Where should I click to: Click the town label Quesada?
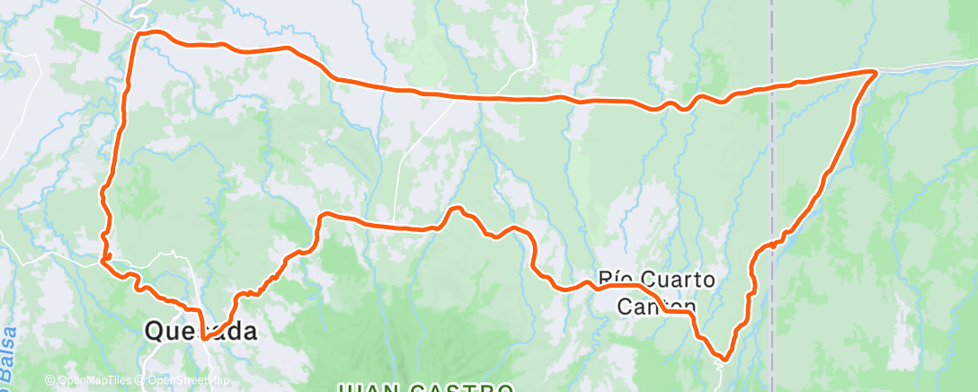point(200,331)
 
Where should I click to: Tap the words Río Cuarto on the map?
point(657,281)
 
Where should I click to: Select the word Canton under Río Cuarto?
point(657,306)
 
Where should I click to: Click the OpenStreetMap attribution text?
point(180,380)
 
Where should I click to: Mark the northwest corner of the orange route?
point(138,34)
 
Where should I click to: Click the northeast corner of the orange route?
point(875,71)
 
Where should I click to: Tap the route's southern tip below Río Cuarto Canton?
point(723,359)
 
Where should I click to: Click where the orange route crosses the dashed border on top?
point(772,87)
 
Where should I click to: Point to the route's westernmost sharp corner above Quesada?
point(102,262)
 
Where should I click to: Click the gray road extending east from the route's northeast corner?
point(926,66)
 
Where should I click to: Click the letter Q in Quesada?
point(155,332)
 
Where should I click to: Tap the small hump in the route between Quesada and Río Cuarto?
point(458,209)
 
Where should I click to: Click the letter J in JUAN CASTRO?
point(342,388)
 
